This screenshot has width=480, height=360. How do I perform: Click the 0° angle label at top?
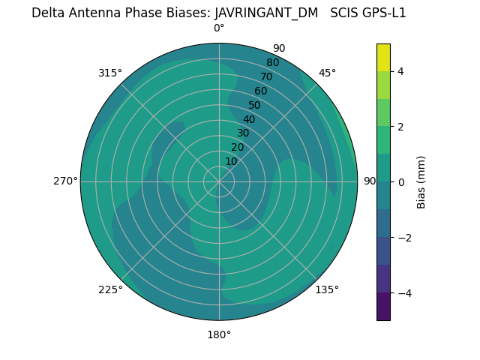point(219,28)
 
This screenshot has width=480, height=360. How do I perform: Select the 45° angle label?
point(327,73)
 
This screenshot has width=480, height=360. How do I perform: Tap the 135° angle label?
point(327,289)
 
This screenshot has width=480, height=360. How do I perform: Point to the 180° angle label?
point(219,334)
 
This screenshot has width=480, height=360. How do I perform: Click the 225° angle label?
point(110,289)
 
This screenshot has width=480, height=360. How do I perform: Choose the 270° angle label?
point(65,181)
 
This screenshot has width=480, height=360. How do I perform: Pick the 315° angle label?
point(110,73)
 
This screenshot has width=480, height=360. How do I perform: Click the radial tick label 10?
point(231,161)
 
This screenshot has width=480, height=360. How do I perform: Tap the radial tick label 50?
point(254,105)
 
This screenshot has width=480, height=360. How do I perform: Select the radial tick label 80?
point(272,62)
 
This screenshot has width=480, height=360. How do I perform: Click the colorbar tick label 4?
point(401,71)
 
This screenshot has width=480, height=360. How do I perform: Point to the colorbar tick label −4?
point(404,292)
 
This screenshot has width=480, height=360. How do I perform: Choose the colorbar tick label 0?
point(401,181)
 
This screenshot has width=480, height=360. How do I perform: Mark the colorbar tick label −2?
point(404,237)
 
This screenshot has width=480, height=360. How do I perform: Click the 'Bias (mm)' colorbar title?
point(421,181)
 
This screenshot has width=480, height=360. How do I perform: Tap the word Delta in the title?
point(49,13)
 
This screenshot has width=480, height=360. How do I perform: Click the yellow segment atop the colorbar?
point(383,57)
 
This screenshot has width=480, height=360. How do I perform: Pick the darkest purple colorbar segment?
point(383,306)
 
